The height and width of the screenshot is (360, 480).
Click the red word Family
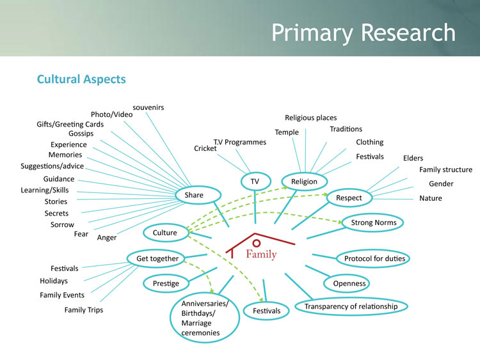[x=261, y=254]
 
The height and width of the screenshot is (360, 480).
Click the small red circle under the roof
[x=257, y=243]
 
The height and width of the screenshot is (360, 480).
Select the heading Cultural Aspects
[x=81, y=79]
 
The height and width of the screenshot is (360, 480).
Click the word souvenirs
[x=148, y=107]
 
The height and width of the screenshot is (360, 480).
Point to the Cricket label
[x=205, y=148]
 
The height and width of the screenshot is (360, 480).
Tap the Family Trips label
[x=84, y=310]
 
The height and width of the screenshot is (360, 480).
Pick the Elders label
[x=413, y=158]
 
